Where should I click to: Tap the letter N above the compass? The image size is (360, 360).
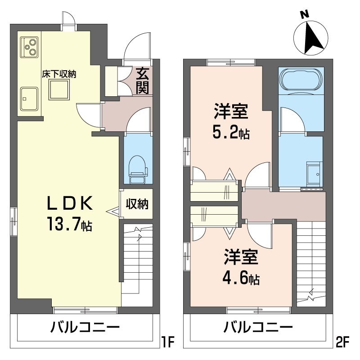[x=305, y=15]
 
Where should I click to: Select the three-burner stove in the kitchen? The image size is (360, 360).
[x=29, y=47]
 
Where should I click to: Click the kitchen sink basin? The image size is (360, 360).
[x=29, y=99]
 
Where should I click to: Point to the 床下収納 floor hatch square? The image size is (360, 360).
[x=58, y=90]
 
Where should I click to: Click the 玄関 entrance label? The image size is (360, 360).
[x=142, y=81]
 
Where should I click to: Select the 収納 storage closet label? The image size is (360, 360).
[x=137, y=204]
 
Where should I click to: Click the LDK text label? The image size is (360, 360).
[x=70, y=203]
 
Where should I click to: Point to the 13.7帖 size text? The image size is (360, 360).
[x=70, y=224]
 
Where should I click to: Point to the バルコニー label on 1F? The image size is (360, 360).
[x=85, y=327]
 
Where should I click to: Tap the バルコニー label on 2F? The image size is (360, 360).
[x=258, y=327]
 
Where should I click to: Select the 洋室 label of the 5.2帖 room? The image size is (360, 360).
[x=231, y=112]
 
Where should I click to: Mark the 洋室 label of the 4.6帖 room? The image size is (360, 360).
[x=241, y=256]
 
